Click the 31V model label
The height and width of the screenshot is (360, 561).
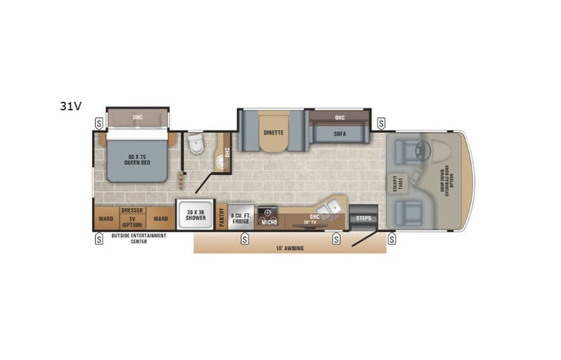(71, 106)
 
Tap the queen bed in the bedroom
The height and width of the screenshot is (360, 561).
(136, 157)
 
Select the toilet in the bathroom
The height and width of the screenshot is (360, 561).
(195, 143)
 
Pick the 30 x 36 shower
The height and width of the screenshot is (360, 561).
(195, 215)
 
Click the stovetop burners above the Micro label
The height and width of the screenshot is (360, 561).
(268, 210)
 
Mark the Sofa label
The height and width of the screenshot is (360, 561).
(340, 134)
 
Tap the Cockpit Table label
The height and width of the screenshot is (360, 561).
(398, 183)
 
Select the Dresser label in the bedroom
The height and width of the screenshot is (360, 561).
(132, 210)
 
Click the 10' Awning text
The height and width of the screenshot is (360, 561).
(289, 248)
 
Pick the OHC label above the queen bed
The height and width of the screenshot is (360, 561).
(137, 117)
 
